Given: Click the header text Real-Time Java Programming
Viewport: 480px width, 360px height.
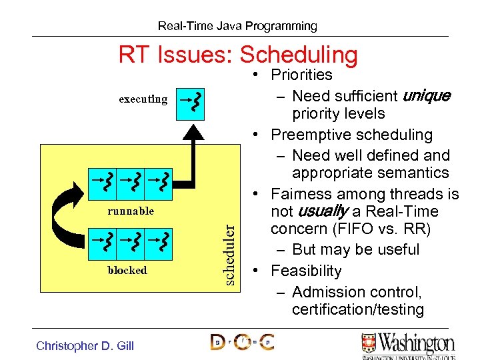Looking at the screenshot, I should pos(237,26).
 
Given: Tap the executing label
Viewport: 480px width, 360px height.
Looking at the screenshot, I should pos(143,99).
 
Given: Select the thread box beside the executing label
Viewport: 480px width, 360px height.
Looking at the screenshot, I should pos(190,103).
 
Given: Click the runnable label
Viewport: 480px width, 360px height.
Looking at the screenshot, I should pos(131,211).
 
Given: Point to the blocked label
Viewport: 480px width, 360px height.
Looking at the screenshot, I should pos(127,270).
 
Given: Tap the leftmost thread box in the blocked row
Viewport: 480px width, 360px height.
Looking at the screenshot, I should pos(103,243).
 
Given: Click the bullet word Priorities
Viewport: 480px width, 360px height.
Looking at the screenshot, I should pos(301,75).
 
